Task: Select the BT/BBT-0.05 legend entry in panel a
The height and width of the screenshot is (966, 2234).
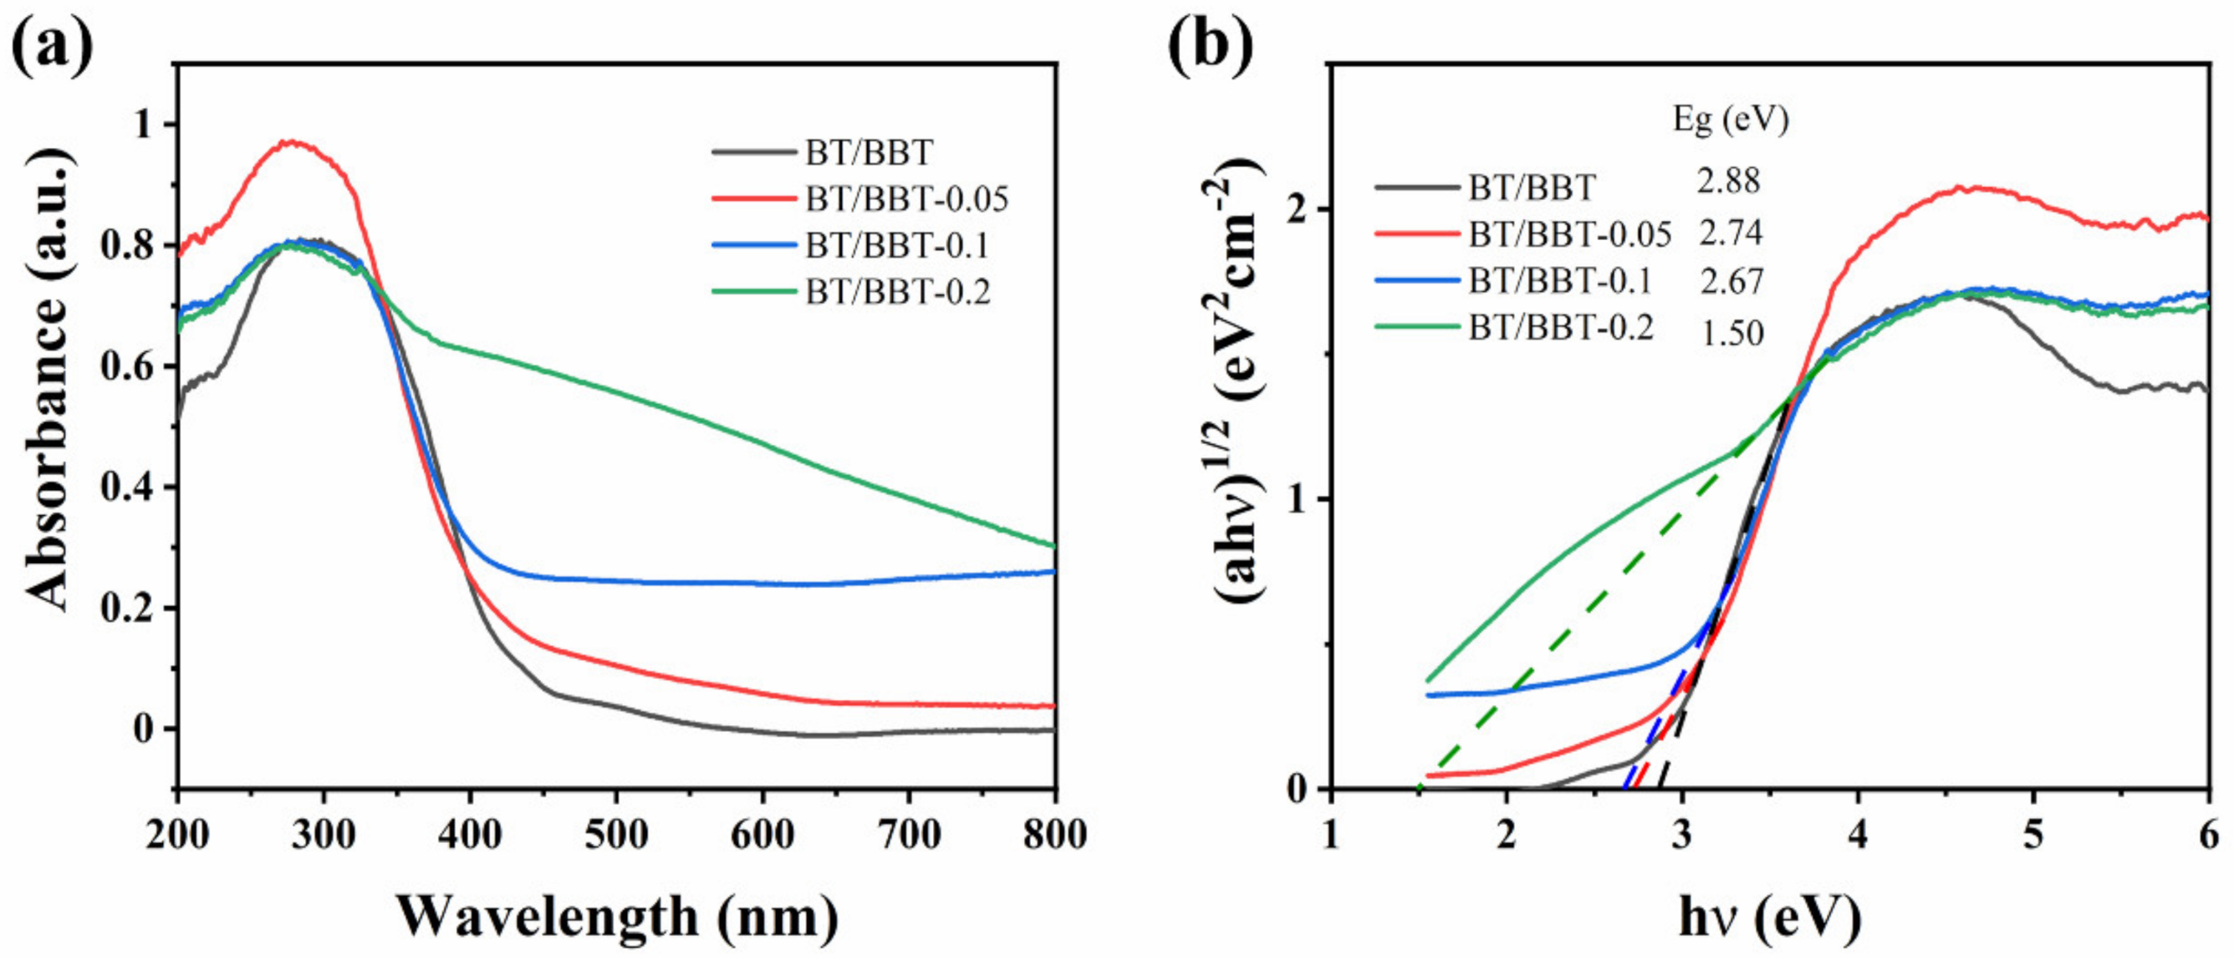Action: pos(906,199)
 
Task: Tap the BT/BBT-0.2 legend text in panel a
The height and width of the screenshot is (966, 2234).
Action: pos(897,292)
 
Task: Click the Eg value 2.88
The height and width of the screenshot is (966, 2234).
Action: pos(1728,181)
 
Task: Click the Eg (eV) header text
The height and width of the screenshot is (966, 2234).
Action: pos(1730,120)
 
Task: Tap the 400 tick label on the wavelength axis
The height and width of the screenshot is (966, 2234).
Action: pos(470,834)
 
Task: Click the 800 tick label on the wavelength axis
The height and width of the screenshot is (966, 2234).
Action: pos(1053,834)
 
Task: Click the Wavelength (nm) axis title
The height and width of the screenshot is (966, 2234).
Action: pos(618,917)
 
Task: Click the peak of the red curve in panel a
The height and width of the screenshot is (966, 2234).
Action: pos(292,141)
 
